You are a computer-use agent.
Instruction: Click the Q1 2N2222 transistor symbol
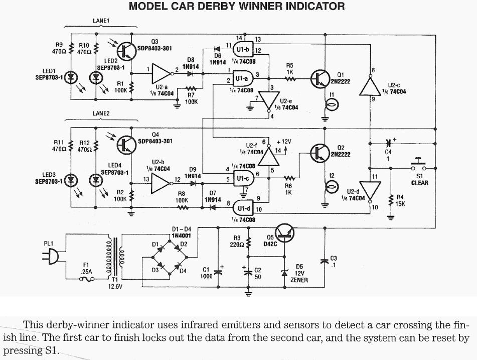(321, 79)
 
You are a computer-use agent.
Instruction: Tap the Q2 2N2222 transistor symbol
(321, 153)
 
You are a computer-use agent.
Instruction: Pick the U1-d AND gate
(243, 206)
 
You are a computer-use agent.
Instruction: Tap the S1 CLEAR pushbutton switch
(419, 166)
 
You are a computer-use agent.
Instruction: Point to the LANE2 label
(101, 114)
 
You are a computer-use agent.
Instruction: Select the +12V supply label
(284, 142)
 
